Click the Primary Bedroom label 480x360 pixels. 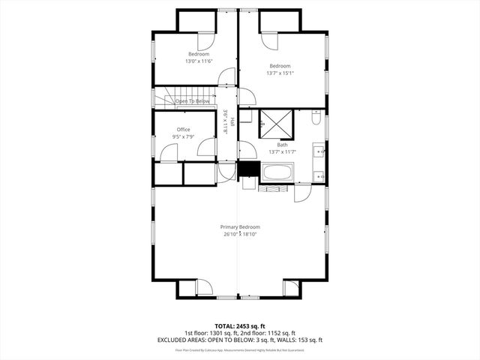coord(240,226)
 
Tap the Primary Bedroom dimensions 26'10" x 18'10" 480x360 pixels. coord(240,234)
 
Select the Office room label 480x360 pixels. coord(184,129)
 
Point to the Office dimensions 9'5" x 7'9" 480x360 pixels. coord(184,136)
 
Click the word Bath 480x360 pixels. coord(283,145)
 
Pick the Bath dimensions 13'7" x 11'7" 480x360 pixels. coord(283,152)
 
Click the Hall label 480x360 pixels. coord(232,122)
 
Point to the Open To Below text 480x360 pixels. coord(192,100)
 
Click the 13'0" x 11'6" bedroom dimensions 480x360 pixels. coord(199,61)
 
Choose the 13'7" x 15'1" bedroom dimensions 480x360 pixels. coord(280,73)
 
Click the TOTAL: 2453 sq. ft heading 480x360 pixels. coord(240,326)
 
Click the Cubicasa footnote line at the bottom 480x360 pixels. coord(240,350)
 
